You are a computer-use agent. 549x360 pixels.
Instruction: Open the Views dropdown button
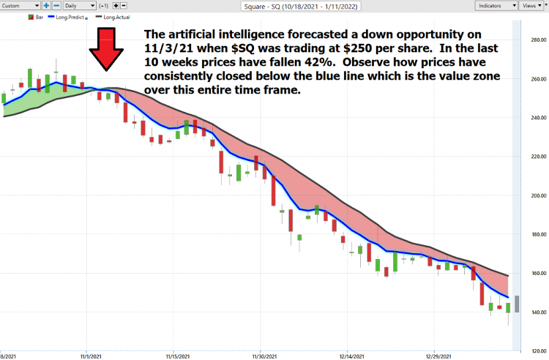530,5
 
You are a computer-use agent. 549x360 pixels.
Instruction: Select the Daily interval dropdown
79,5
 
